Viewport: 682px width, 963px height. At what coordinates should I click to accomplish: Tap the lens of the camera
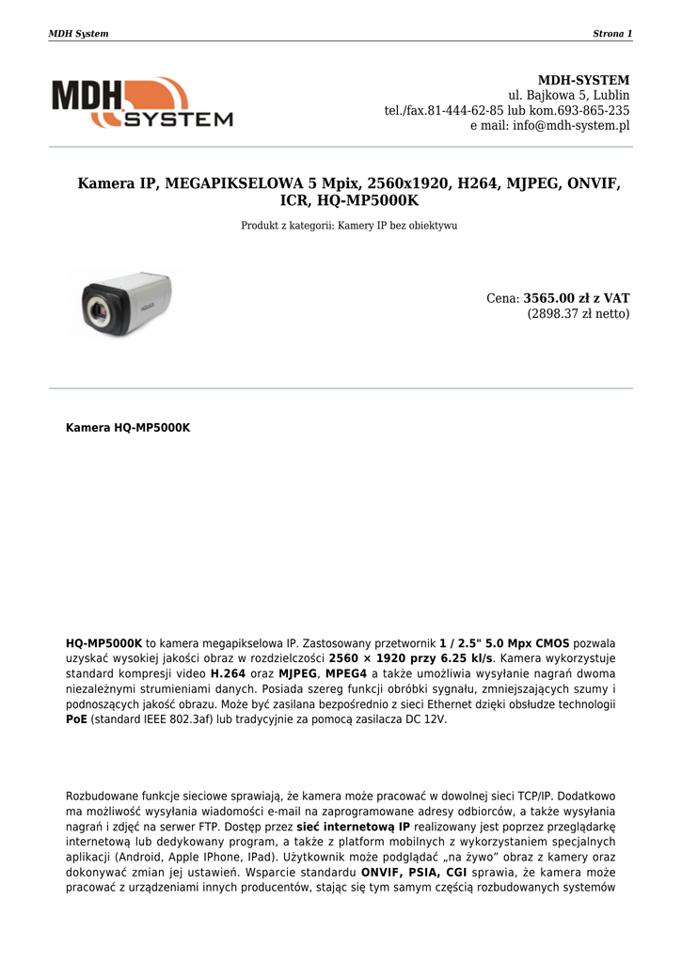[96, 308]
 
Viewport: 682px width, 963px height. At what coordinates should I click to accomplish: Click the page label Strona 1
[612, 34]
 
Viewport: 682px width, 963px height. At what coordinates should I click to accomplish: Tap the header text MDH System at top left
[78, 34]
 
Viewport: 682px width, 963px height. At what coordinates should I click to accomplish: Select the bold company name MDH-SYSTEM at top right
[583, 80]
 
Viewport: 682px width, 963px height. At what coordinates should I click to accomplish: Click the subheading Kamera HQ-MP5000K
[128, 427]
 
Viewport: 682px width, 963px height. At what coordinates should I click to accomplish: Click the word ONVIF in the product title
[592, 182]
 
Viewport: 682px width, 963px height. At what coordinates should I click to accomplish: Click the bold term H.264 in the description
[229, 673]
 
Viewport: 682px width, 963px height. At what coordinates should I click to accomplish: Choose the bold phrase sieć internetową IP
[353, 827]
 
